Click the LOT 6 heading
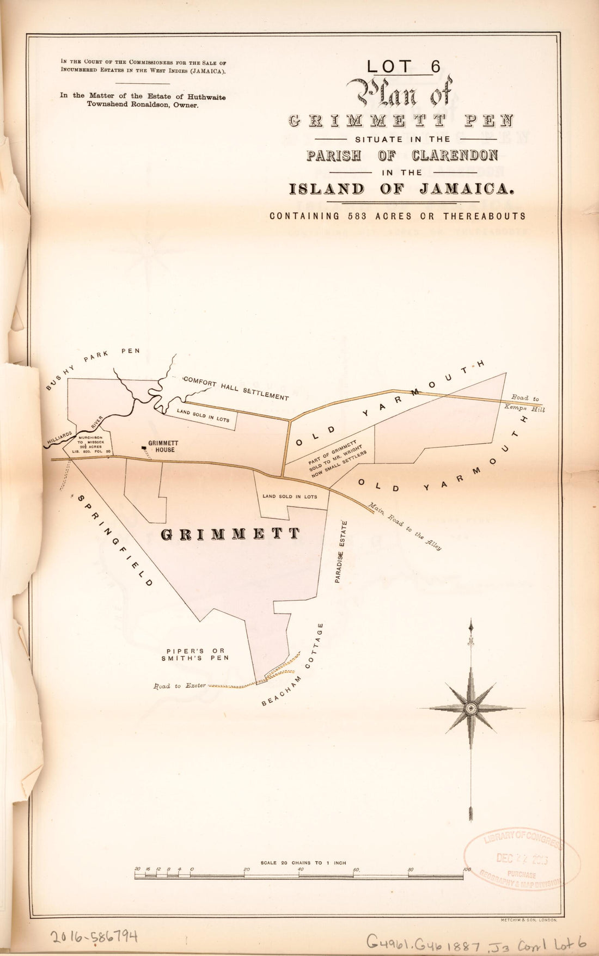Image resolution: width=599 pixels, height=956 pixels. [403, 66]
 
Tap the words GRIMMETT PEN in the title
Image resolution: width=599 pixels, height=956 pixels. [401, 120]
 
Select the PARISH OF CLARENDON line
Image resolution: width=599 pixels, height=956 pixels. [402, 155]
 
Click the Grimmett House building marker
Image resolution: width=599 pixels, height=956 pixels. [144, 448]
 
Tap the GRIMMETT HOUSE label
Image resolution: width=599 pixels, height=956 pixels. [162, 446]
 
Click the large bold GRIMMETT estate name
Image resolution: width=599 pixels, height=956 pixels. [230, 535]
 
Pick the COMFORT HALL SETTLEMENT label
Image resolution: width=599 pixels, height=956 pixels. [236, 388]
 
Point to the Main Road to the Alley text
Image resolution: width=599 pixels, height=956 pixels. [405, 526]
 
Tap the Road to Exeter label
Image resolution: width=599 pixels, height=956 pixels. [180, 685]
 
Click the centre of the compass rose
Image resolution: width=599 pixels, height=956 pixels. [470, 708]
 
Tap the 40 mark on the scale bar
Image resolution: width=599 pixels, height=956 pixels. [301, 869]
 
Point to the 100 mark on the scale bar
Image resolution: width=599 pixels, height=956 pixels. [467, 869]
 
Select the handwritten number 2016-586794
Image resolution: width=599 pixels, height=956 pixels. [94, 936]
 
